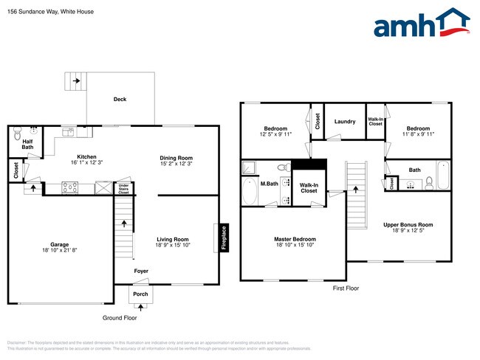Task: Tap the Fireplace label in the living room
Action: (224, 238)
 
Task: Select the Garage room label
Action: (60, 244)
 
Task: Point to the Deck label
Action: (120, 99)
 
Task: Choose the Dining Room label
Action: (176, 158)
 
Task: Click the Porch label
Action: (140, 294)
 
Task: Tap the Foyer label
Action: (140, 271)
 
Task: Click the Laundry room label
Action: (345, 122)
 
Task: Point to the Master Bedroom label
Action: (295, 239)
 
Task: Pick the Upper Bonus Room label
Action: (408, 224)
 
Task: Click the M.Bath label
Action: (268, 183)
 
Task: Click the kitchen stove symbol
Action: (70, 187)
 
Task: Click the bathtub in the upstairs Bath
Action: (444, 176)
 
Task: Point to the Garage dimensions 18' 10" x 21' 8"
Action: (60, 252)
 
